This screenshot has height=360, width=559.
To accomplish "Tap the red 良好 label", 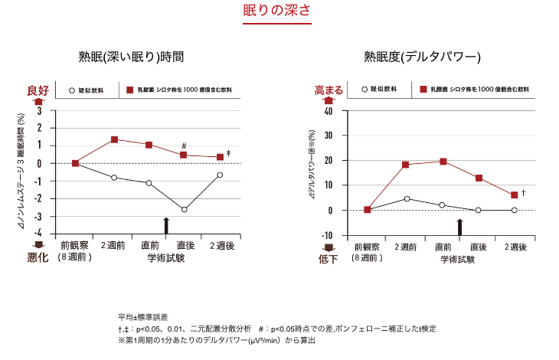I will coord(38,90).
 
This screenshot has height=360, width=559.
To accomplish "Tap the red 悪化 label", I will coord(38,258).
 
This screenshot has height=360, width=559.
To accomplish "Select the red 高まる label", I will coord(329,90).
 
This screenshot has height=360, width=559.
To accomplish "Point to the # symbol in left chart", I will coord(184,146).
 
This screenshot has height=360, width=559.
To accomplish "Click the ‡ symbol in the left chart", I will coord(228,154).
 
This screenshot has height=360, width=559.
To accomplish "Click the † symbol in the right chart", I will coord(523,192).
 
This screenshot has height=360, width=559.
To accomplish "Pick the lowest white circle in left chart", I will coord(184,209).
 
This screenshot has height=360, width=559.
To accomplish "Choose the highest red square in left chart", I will coord(114,139).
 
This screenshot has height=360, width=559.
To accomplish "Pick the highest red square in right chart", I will coord(443,161).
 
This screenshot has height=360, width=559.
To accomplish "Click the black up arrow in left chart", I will coord(166,224).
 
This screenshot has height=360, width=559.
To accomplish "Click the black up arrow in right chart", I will coord(460,227).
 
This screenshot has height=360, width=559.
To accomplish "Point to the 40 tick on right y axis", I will coord(328,111).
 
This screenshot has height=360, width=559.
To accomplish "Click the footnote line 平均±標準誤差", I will coord(143,316).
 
